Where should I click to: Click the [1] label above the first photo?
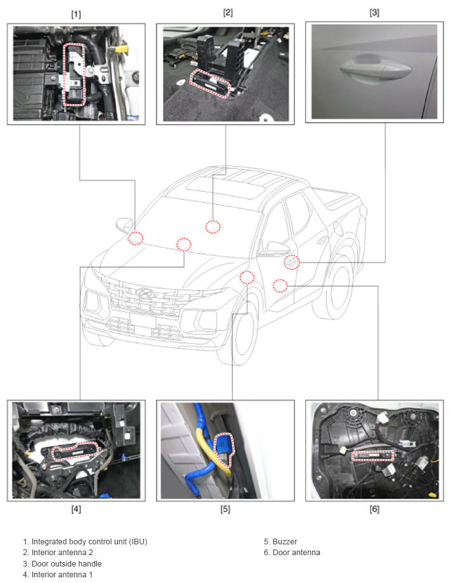click(x=76, y=15)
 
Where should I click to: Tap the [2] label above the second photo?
click(x=228, y=13)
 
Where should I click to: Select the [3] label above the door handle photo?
click(x=374, y=13)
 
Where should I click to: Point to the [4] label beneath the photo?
click(x=76, y=509)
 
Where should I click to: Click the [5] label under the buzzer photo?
click(x=225, y=509)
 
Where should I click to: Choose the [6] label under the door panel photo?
click(x=374, y=509)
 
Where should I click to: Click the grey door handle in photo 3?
click(x=375, y=69)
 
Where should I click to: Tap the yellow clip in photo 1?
click(x=121, y=48)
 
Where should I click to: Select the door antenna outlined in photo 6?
click(x=373, y=456)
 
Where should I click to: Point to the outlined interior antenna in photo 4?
click(x=76, y=451)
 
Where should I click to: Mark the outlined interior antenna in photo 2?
click(x=210, y=83)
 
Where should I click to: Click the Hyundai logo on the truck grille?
click(x=146, y=294)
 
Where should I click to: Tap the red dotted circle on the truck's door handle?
click(x=292, y=262)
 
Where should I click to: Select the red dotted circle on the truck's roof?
click(x=213, y=226)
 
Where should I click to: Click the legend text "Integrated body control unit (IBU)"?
click(x=89, y=541)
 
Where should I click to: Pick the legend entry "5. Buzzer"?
click(x=280, y=541)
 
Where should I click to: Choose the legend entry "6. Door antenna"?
click(x=292, y=552)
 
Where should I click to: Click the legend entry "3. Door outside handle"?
click(x=62, y=563)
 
